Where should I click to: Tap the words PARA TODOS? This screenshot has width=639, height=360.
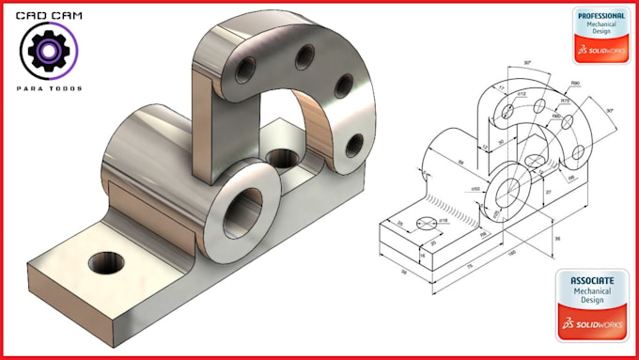(x=49, y=88)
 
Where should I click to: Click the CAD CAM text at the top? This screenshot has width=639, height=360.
(x=49, y=16)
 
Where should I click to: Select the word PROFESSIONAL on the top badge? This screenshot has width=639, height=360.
(x=600, y=16)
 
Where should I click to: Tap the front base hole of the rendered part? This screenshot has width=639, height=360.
(x=106, y=262)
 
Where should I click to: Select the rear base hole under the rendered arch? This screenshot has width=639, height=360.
(x=279, y=157)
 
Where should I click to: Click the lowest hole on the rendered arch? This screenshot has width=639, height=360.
(x=354, y=145)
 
